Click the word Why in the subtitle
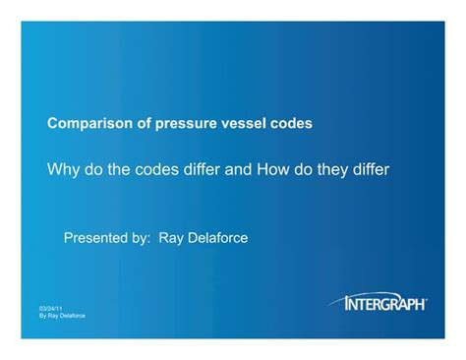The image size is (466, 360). coord(64,169)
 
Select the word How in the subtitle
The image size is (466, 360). coord(276,169)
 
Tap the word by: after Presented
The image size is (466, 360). coord(148,238)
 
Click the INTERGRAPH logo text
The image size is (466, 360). coord(385,305)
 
